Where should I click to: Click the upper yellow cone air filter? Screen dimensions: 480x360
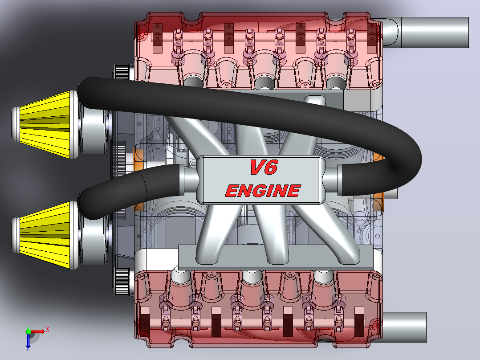point(45,124)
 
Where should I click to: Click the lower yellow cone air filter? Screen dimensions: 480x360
point(45,235)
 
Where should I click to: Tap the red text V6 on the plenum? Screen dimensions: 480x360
point(264,167)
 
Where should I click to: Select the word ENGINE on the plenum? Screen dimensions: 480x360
point(263,191)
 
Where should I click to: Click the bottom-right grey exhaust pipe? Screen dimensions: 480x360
point(404,327)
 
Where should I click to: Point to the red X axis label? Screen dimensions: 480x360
point(48,330)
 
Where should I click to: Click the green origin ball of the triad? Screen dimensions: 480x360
point(28,331)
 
